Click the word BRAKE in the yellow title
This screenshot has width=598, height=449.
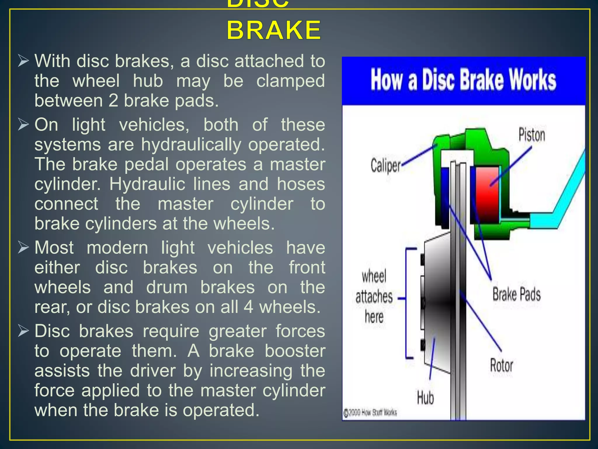coord(274,30)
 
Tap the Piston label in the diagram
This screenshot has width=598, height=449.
coord(531,135)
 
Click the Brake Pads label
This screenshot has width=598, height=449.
coord(517,294)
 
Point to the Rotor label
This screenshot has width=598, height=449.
coord(501,365)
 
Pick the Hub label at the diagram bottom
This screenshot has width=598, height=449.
coord(425,398)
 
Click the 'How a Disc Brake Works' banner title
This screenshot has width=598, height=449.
coord(463,80)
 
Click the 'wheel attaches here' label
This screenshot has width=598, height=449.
coord(374,297)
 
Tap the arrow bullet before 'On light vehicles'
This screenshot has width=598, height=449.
coord(23,125)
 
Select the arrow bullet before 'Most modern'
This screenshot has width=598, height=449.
coord(23,248)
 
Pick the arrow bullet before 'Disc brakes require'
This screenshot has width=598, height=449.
coord(23,331)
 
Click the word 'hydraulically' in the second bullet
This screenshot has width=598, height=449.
coord(192,145)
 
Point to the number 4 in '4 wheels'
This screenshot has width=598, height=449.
coord(248,307)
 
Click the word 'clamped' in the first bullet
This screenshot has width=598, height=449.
coord(290,81)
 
